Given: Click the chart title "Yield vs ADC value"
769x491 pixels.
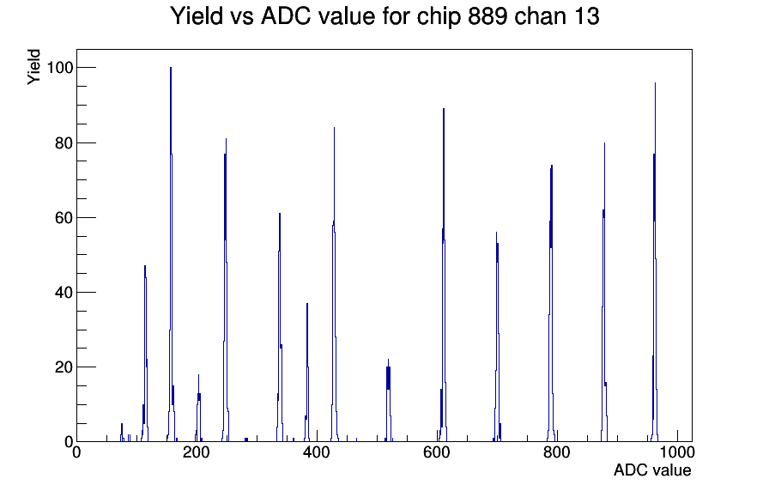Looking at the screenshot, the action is [272, 16].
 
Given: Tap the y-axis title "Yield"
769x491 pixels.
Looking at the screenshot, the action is [33, 67].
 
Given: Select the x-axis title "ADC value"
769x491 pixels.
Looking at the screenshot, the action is [652, 470].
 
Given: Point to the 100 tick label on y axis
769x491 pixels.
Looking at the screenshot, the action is [60, 68].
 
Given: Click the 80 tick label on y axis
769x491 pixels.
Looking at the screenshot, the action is [64, 142].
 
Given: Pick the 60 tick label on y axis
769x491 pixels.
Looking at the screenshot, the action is [64, 217].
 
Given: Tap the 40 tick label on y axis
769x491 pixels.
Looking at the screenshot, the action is [64, 293].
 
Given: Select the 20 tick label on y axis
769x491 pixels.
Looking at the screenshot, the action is [64, 367].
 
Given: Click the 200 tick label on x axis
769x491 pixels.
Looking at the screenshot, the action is [197, 452].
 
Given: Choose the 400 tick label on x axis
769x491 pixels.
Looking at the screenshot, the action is [317, 452].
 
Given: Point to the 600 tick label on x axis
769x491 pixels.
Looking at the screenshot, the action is [437, 452].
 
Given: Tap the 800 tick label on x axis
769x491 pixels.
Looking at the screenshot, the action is [557, 452].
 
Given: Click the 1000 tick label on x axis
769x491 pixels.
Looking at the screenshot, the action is [677, 452].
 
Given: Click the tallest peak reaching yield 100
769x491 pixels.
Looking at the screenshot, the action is [171, 254].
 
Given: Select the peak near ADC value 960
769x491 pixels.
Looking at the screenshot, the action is [655, 262].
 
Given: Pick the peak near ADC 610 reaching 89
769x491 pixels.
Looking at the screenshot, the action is [444, 275].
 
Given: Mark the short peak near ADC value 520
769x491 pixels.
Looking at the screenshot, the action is [389, 400].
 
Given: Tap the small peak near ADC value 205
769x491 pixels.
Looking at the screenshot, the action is [198, 408].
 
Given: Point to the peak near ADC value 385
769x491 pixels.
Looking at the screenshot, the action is [307, 373].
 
